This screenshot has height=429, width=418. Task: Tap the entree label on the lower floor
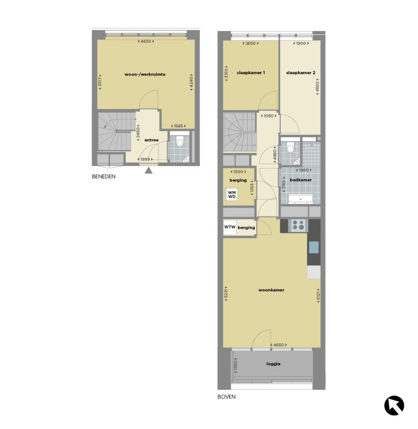coord(151,140)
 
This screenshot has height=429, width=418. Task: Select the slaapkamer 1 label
coord(250,72)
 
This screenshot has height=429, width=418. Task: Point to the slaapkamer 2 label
coord(300,72)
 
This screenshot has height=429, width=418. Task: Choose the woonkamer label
coord(272,290)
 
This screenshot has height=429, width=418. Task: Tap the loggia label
coord(274,364)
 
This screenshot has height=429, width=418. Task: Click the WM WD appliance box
coord(232,194)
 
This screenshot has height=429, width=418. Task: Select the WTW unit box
coord(230,228)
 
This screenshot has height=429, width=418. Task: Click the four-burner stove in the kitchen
coord(298,225)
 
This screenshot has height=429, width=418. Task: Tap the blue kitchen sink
coord(314,248)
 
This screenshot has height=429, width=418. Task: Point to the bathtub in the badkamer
coord(300,199)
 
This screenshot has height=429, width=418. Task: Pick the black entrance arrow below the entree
coord(149,171)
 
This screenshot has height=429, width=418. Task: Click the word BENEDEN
coord(103,176)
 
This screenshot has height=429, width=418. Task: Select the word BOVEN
coord(226,397)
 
